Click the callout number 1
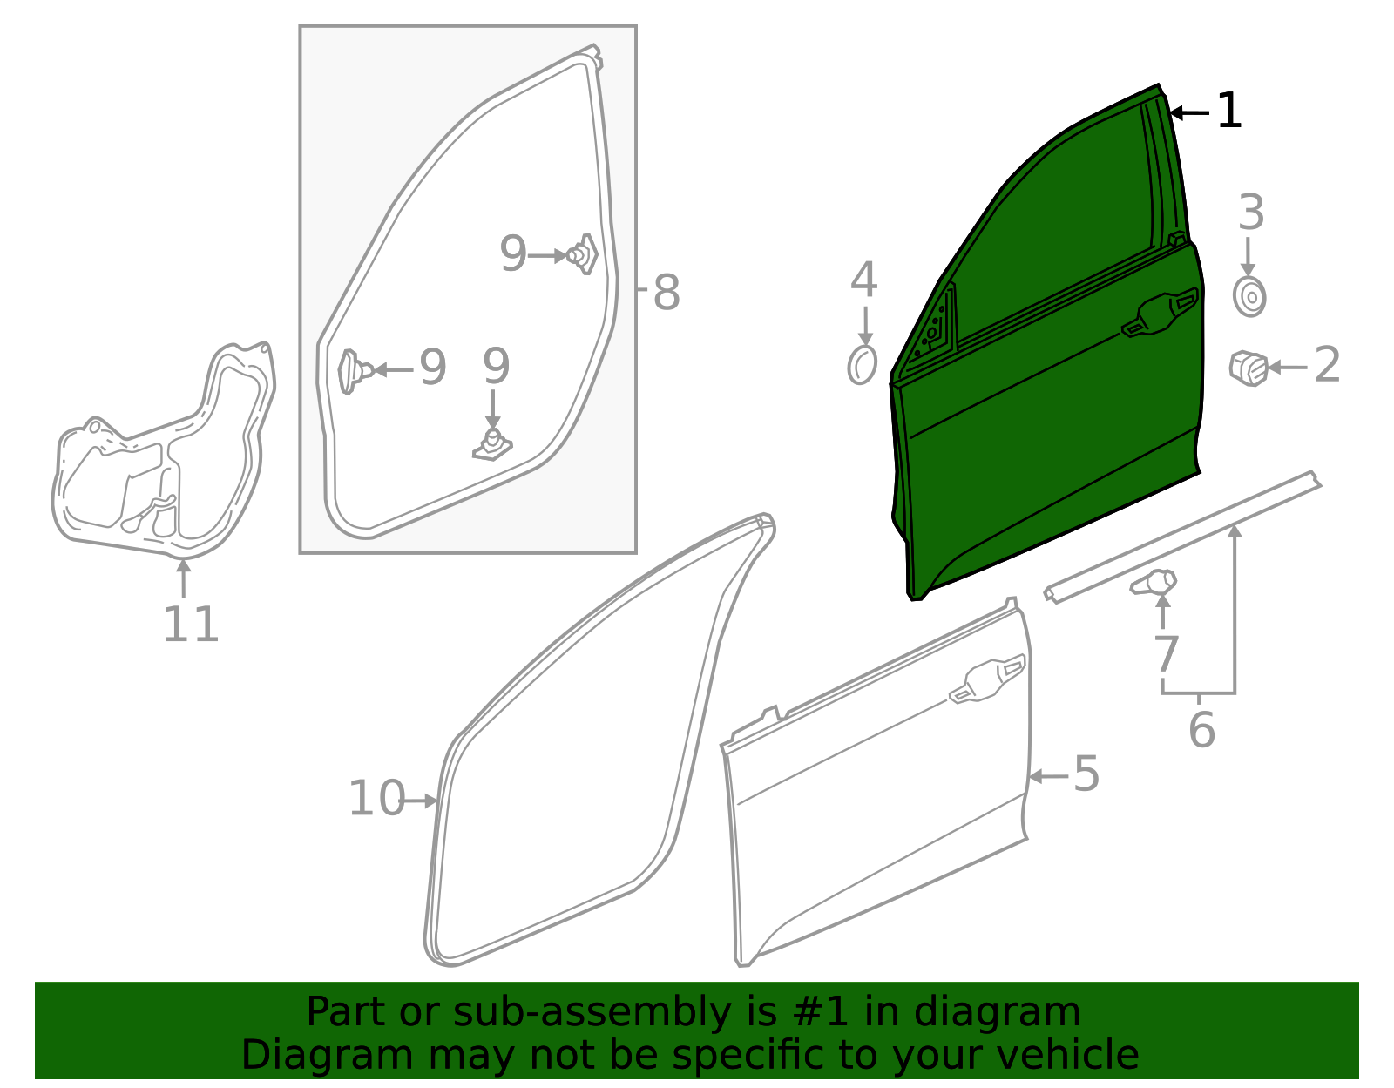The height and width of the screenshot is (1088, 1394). (1228, 111)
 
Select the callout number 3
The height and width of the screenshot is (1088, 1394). (1251, 212)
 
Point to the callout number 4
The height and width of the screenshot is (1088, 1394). (863, 280)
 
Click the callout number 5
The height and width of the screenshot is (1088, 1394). (1086, 774)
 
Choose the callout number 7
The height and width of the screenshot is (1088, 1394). (1166, 654)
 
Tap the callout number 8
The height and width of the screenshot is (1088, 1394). (666, 293)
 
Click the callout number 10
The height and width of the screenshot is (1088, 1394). (376, 798)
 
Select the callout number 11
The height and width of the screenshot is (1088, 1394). (191, 624)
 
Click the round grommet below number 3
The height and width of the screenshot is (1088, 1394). (1249, 296)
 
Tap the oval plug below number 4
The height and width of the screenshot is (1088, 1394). (862, 365)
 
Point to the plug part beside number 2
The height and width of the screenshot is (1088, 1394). (1248, 368)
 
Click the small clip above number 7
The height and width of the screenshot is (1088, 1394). (1153, 582)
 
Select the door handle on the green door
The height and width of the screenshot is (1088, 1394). (1160, 312)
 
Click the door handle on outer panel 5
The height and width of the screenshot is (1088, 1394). (986, 679)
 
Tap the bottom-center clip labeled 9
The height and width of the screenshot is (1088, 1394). (492, 444)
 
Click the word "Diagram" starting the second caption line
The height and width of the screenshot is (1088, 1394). (326, 1055)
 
